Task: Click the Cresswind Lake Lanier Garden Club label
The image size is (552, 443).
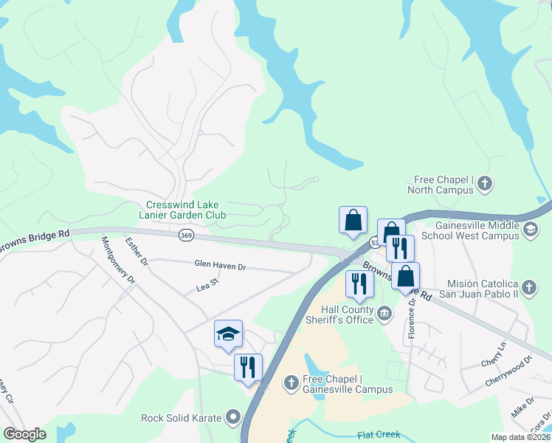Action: (x=186, y=210)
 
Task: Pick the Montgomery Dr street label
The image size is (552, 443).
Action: (x=118, y=260)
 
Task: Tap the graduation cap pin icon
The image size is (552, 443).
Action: (x=228, y=334)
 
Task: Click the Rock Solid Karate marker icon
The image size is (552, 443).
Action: (x=234, y=418)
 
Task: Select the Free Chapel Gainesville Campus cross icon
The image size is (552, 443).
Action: (x=291, y=382)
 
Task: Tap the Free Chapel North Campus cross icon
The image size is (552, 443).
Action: (x=485, y=182)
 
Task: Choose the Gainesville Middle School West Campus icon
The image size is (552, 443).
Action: (x=530, y=230)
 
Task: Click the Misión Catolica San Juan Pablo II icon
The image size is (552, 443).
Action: (x=529, y=286)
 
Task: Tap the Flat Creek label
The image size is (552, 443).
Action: (x=379, y=435)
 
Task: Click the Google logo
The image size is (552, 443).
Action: (x=24, y=434)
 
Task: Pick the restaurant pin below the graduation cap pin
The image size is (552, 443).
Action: (x=248, y=366)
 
